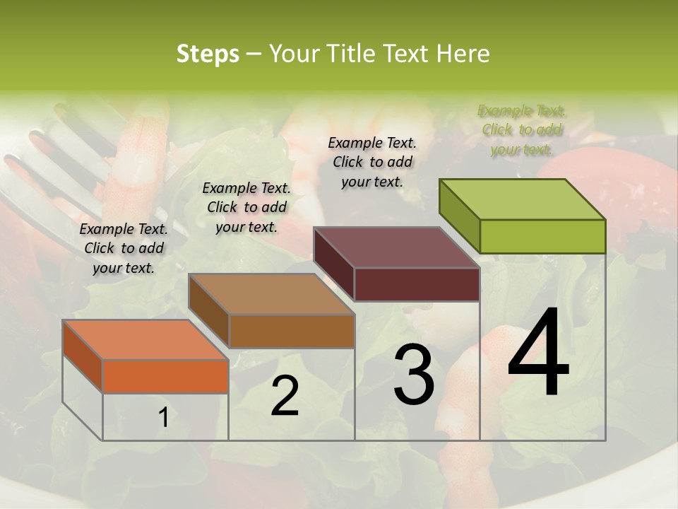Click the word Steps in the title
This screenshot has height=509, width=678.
pos(208,54)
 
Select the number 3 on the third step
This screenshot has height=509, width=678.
pos(414,375)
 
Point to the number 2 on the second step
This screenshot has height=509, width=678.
pos(285,396)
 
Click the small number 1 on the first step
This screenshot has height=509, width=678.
pos(163,418)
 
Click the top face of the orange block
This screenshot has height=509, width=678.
pos(144,339)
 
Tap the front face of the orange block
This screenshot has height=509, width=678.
pos(165,376)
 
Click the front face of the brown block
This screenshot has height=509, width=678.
pos(292,331)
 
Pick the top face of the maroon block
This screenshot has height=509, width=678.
pos(396,247)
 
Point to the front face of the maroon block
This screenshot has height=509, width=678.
pos(417,284)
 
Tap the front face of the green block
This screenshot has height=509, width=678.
pos(542,236)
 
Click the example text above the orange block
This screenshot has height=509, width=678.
pos(124,249)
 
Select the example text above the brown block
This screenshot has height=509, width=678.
pos(246,207)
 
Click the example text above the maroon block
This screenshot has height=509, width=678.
pos(372,162)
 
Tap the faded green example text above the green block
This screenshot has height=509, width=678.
pos(522,129)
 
